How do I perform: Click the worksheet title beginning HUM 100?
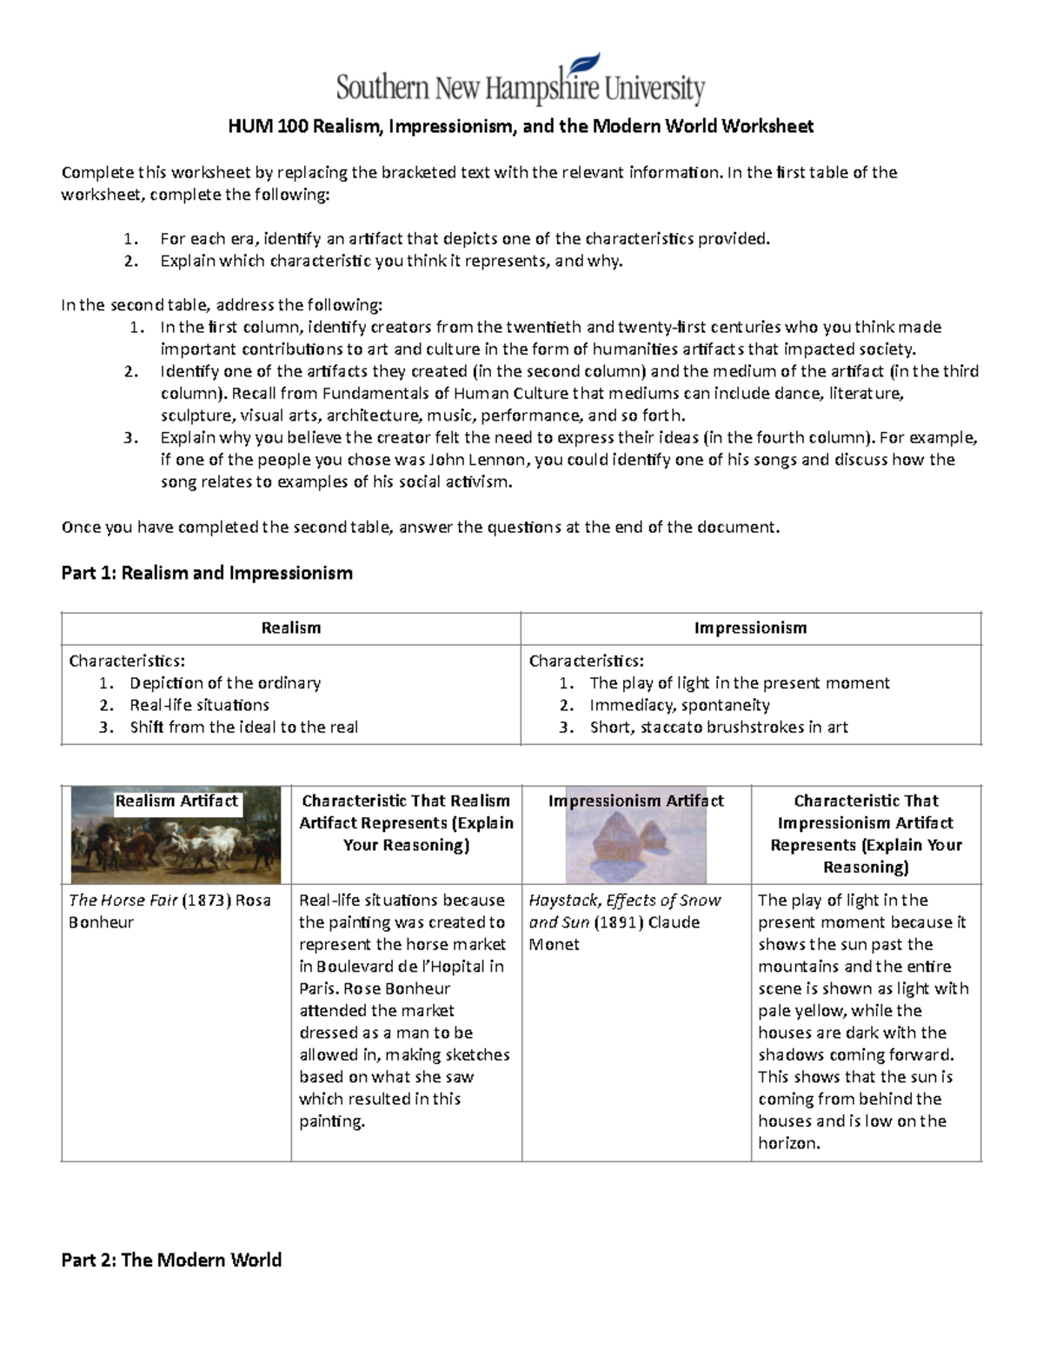click(520, 127)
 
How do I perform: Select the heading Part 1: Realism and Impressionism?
click(207, 573)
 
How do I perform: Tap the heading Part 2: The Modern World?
click(171, 1260)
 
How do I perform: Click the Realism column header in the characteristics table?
click(290, 628)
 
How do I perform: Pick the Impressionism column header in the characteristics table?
click(750, 628)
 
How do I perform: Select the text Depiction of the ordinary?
click(225, 683)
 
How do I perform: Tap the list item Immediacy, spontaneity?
click(679, 705)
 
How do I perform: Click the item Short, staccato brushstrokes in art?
click(718, 728)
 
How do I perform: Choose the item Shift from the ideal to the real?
click(243, 728)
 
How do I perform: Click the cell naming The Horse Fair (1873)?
click(169, 911)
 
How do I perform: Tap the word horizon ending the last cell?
click(788, 1143)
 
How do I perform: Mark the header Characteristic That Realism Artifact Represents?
click(406, 822)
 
